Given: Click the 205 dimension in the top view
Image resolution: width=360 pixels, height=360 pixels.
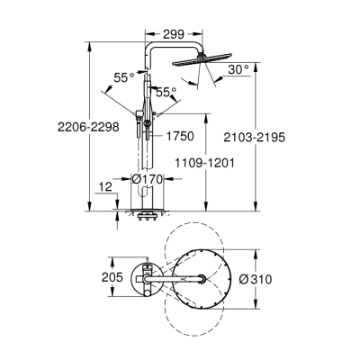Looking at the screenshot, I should point(110,278).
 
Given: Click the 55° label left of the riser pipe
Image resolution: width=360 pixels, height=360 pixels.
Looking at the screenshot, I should point(125,77).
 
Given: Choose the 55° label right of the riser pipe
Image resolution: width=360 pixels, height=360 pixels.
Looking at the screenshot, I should point(165,91).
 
